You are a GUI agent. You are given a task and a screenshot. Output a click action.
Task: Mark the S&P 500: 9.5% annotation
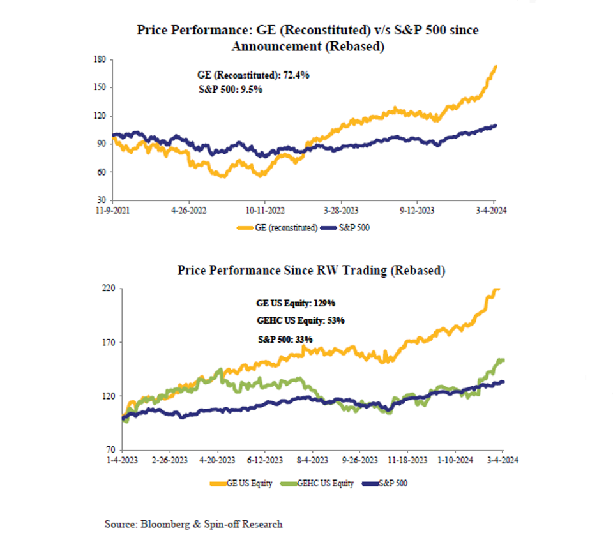coord(231,90)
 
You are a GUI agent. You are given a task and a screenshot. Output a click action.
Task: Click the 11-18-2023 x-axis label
coord(409,459)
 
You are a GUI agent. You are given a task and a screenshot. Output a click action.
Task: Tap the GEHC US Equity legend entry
coord(323,483)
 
